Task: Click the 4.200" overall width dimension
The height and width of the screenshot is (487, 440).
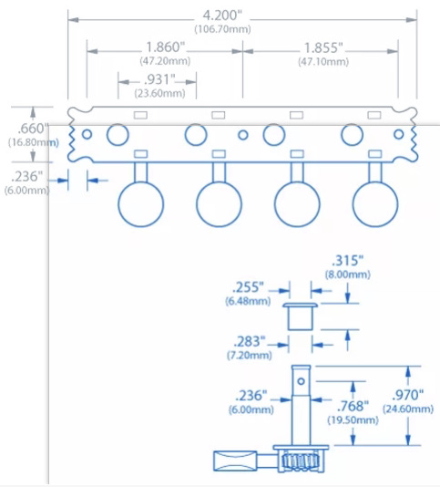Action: tap(222, 16)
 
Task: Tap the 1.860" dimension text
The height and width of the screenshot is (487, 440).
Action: tap(165, 47)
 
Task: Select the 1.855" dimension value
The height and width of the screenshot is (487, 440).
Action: tap(323, 47)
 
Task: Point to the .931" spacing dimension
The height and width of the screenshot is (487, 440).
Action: tap(159, 79)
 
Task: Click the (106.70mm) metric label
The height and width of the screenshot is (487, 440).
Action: tap(223, 29)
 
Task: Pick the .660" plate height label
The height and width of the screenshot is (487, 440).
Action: tap(33, 128)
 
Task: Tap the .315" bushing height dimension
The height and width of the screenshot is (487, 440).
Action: tap(347, 261)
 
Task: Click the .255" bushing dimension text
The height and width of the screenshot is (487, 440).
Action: tap(248, 287)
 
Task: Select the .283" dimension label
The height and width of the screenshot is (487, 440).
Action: tap(250, 342)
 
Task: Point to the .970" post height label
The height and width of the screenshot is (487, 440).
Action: tap(408, 396)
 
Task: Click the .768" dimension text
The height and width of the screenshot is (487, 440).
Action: tap(353, 406)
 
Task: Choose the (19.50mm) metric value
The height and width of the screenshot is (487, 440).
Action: tap(353, 420)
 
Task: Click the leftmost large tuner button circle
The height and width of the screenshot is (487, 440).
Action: tap(141, 204)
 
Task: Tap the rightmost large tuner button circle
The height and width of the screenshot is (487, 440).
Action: tap(375, 204)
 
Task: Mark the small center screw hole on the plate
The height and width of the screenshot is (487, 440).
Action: tap(243, 135)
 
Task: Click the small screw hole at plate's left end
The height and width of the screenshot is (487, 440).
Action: tap(87, 134)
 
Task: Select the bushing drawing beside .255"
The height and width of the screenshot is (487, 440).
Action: tap(300, 316)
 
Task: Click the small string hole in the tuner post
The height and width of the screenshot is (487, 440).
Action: tap(301, 381)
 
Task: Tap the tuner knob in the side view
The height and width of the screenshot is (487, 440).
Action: tap(235, 461)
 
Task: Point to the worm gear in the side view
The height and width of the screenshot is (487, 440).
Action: tap(301, 461)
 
